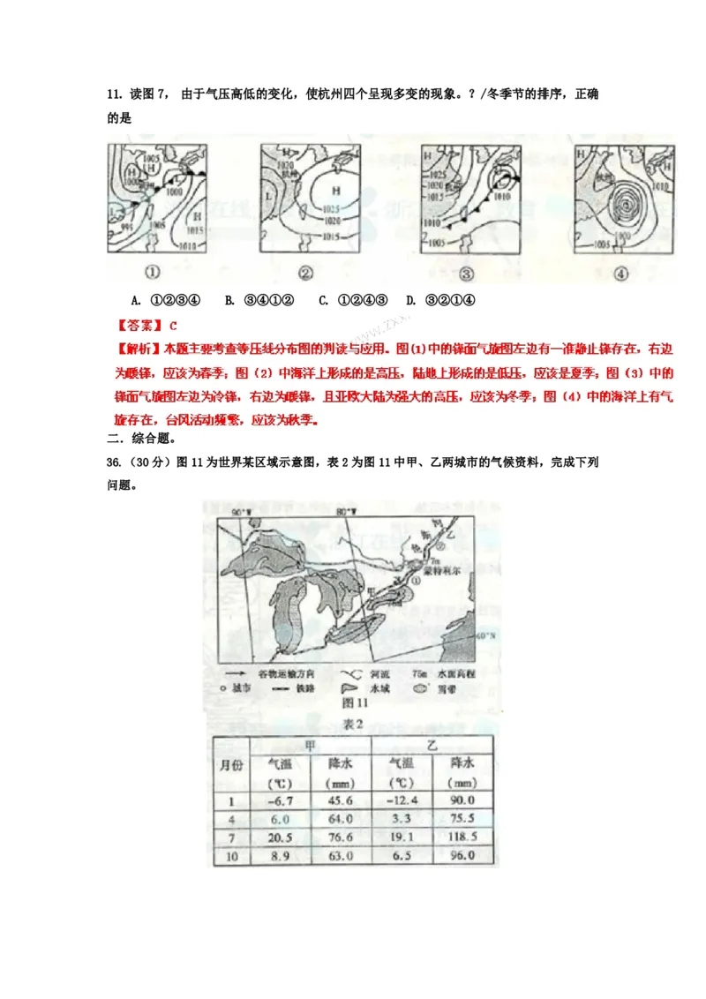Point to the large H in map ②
pos(336,191)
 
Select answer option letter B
pos(229,300)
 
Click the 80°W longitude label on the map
pos(346,512)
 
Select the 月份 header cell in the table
pos(231,764)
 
